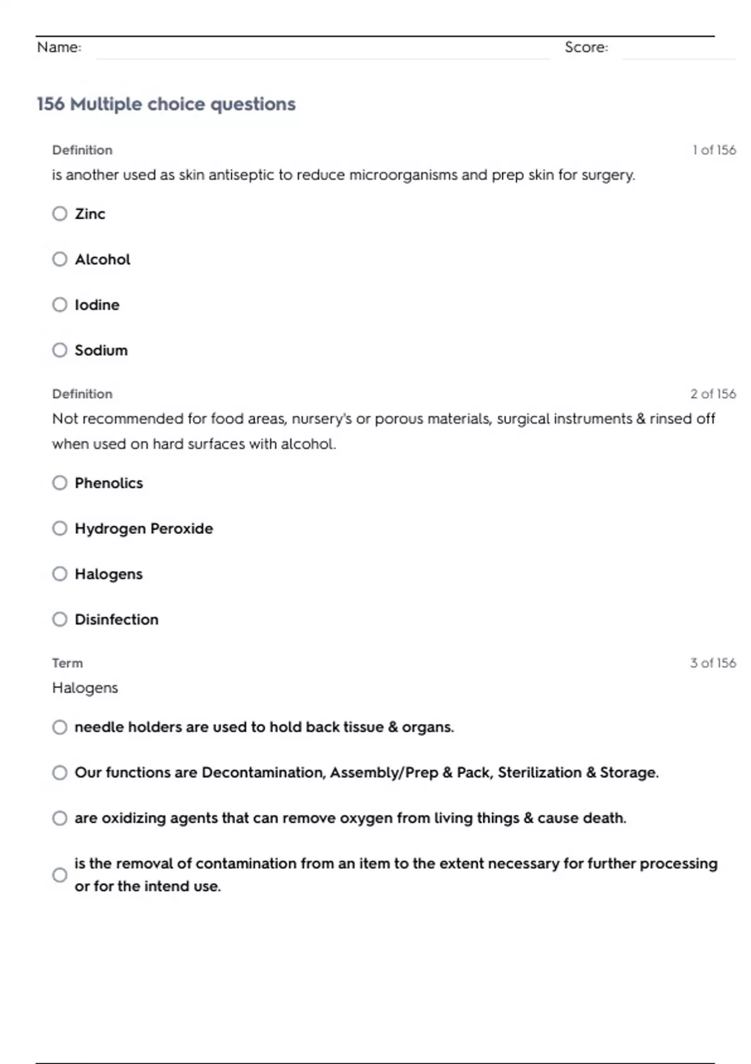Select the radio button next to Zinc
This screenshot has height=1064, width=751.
pos(59,214)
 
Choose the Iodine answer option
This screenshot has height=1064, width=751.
pos(96,305)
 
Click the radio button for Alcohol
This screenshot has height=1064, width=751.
pos(59,259)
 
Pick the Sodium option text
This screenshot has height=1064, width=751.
pos(101,350)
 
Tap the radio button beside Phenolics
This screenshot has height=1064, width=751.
pos(59,483)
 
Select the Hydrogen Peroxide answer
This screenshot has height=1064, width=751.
pos(143,529)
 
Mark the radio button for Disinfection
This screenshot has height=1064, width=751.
pos(59,620)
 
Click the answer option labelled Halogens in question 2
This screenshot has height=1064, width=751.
pos(108,574)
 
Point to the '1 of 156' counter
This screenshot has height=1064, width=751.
pos(713,150)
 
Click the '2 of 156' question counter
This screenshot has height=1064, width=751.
pos(713,394)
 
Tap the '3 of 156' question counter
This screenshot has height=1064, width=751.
pos(713,663)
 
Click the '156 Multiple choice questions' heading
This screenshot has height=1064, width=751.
pos(166,104)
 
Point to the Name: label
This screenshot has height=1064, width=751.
pos(59,48)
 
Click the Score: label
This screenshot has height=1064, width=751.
pos(586,48)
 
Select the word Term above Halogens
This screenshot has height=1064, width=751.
pos(67,663)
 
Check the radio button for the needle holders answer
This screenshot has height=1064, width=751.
pos(59,727)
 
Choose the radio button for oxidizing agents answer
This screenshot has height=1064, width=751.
pos(59,819)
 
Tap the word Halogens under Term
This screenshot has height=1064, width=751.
pos(84,688)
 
